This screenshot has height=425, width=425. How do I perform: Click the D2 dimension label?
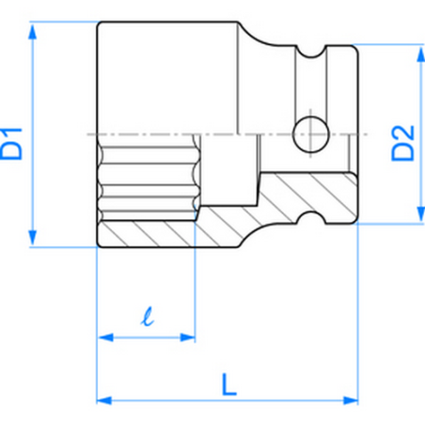click(x=402, y=138)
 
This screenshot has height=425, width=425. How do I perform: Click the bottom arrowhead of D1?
click(x=34, y=242)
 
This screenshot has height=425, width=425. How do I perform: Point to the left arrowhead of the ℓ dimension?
click(x=102, y=336)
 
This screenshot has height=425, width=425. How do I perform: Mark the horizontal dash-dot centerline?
click(x=226, y=135)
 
